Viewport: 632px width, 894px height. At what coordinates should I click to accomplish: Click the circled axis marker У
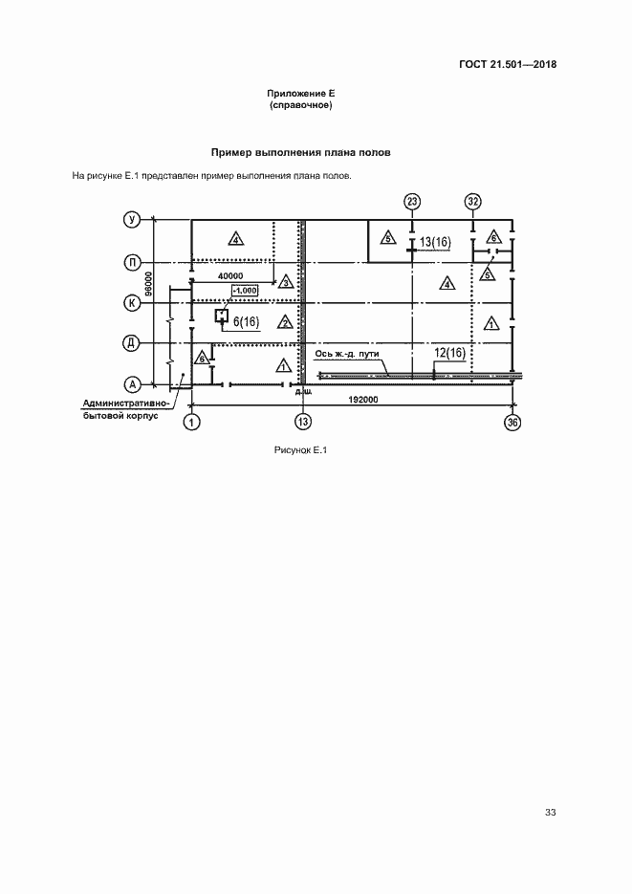pos(134,221)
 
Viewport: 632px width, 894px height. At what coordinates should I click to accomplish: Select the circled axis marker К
pos(134,302)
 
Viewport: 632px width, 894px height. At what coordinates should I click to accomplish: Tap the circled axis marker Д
pos(134,342)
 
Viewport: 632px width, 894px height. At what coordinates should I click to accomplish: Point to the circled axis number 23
pos(412,201)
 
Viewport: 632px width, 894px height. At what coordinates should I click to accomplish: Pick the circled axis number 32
pos(473,201)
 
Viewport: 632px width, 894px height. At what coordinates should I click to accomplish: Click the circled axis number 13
pos(303,422)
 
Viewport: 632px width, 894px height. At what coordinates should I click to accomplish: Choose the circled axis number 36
pos(513,422)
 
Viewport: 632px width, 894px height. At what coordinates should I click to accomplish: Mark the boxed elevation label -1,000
pos(245,290)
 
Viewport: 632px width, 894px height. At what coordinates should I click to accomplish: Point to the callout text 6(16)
pos(247,321)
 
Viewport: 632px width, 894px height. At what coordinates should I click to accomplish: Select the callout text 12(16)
pos(448,353)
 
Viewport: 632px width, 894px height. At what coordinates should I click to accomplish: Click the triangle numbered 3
pos(285,282)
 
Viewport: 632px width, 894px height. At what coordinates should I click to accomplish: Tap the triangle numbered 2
pos(284,322)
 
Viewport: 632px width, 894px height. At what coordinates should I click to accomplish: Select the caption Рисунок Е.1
pos(300,451)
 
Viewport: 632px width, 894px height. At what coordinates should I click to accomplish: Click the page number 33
pos(550,813)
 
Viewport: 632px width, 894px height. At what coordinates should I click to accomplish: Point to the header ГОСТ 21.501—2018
pos(508,65)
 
